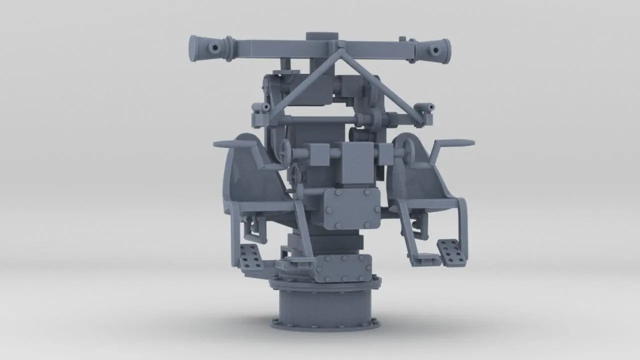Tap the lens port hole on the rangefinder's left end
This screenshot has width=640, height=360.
tap(214, 48)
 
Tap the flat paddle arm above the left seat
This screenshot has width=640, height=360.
tap(235, 144)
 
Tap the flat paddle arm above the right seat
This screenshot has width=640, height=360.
tap(453, 143)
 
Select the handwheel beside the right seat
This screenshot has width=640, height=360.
tap(406, 148)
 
